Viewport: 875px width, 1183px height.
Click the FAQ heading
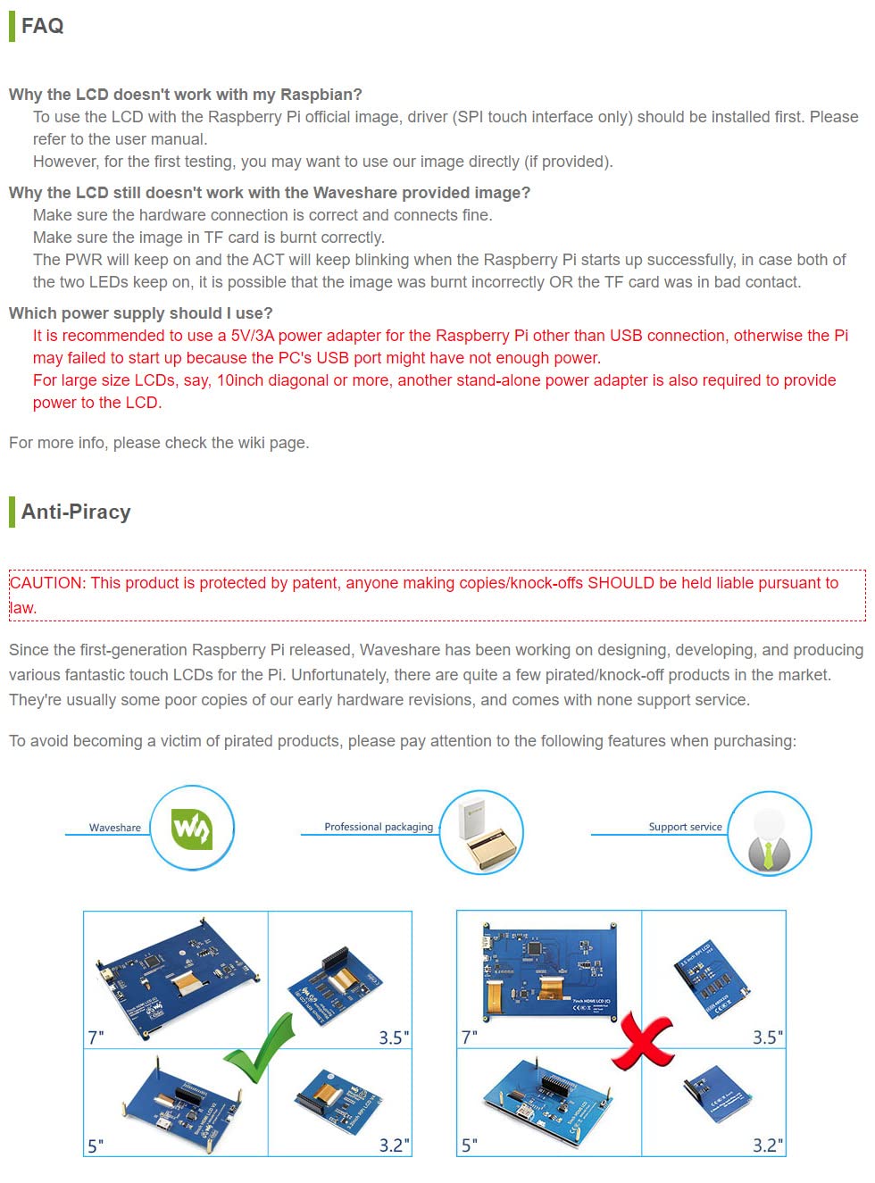pyautogui.click(x=42, y=26)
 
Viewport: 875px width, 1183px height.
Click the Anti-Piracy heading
pyautogui.click(x=76, y=512)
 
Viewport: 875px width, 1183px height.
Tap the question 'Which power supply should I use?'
pyautogui.click(x=140, y=313)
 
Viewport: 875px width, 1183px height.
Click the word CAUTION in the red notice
pyautogui.click(x=46, y=583)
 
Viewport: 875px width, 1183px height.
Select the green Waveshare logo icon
pyautogui.click(x=192, y=829)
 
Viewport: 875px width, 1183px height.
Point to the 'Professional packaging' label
pyautogui.click(x=379, y=827)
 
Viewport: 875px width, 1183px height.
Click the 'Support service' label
pyautogui.click(x=685, y=827)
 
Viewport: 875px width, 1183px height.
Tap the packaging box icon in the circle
pyautogui.click(x=483, y=834)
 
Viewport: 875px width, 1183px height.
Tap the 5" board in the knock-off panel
pyautogui.click(x=546, y=1099)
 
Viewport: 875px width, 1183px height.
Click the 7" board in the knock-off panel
pyautogui.click(x=549, y=971)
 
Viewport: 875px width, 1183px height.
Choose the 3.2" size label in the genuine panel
pyautogui.click(x=394, y=1145)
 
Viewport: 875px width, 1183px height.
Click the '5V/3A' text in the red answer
pyautogui.click(x=253, y=336)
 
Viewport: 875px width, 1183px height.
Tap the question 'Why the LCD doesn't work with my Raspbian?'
pyautogui.click(x=185, y=95)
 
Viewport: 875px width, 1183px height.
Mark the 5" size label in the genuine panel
pyautogui.click(x=96, y=1146)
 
